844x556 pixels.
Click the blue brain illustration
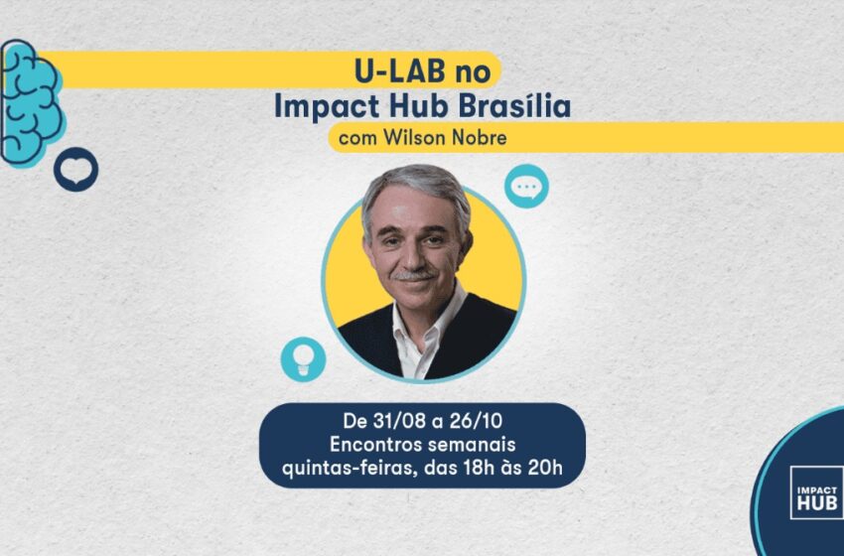click(x=31, y=102)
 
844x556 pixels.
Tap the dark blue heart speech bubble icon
click(x=75, y=170)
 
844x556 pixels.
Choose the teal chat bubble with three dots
click(x=526, y=187)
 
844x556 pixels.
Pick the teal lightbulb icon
click(x=303, y=359)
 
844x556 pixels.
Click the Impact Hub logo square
click(x=816, y=492)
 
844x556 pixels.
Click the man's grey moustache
click(x=413, y=275)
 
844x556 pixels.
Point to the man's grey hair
click(x=414, y=189)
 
